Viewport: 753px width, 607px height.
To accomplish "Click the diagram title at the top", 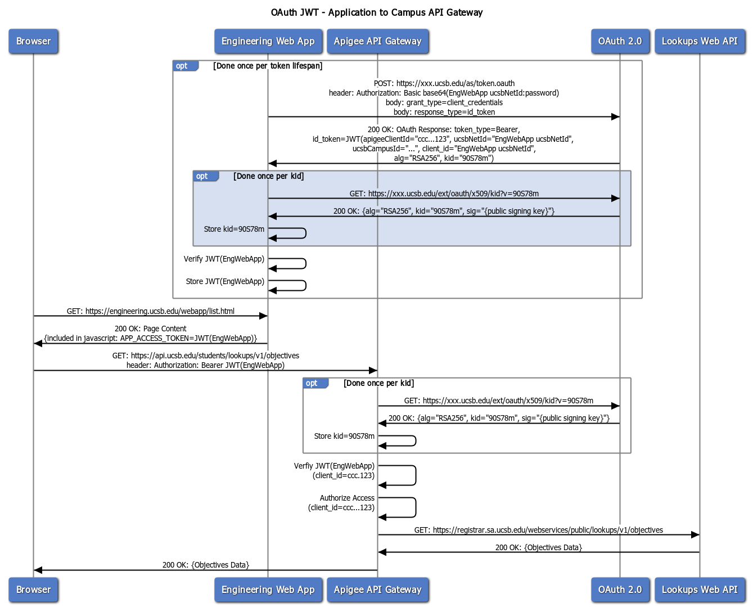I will [x=376, y=12].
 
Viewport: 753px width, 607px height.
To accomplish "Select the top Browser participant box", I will [x=33, y=41].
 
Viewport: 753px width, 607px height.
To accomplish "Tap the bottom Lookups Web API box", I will [x=700, y=590].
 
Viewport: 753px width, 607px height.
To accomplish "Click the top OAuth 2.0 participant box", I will [x=620, y=41].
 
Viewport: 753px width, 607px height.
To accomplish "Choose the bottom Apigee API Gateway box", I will [x=377, y=590].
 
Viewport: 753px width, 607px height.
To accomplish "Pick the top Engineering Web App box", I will [x=268, y=41].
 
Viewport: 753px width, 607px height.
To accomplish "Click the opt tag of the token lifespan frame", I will [x=183, y=66].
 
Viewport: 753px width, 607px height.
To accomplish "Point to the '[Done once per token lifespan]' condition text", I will [x=268, y=66].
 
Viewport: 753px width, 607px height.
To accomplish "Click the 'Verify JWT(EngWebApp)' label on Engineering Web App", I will [x=224, y=259].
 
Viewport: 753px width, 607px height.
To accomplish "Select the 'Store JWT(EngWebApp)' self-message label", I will [x=225, y=281].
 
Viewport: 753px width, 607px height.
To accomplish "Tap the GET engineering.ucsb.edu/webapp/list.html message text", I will [x=151, y=311].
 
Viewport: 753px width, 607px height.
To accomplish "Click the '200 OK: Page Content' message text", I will [x=151, y=329].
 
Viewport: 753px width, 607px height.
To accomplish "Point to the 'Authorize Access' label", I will [x=347, y=498].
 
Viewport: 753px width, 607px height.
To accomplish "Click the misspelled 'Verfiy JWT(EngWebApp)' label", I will [x=334, y=466].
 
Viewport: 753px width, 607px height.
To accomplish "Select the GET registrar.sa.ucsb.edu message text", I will [x=538, y=530].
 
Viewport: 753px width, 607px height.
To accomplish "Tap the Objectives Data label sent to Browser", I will [x=206, y=565].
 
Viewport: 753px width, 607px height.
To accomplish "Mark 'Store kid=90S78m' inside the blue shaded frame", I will [x=234, y=229].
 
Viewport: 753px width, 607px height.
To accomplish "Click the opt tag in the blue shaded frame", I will [x=203, y=176].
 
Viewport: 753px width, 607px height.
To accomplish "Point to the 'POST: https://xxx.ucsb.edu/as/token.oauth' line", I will [x=444, y=83].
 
